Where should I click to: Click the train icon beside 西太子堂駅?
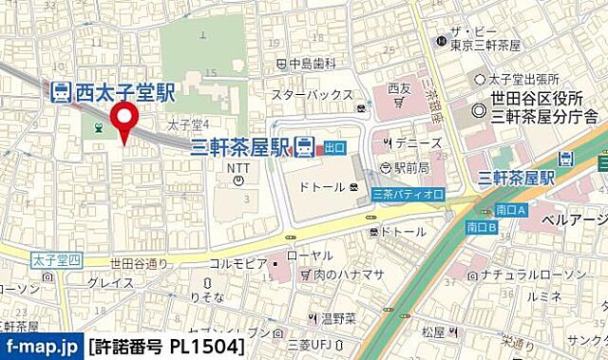[x=59, y=92]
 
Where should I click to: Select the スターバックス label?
[x=310, y=95]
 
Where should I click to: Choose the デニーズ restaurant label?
[x=417, y=142]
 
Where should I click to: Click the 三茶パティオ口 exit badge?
[x=408, y=193]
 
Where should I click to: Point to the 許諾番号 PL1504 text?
[x=168, y=347]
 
